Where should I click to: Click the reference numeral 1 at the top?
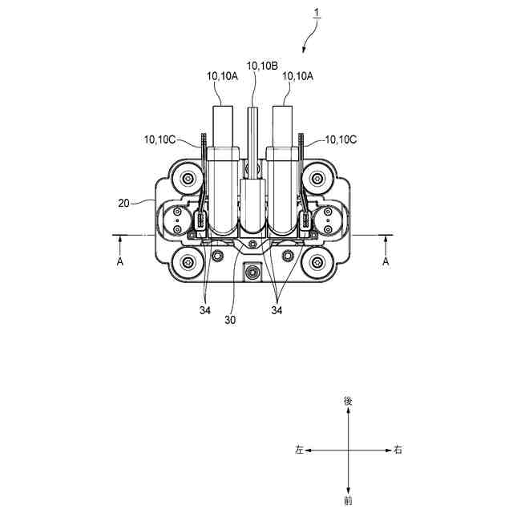tap(317, 13)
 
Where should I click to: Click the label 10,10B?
tap(262, 66)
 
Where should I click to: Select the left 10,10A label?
tap(222, 76)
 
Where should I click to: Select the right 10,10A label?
tap(297, 76)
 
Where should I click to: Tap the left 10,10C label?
tap(160, 139)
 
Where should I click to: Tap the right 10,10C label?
tap(341, 139)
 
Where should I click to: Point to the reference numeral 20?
tap(123, 204)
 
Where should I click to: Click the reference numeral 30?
tap(230, 320)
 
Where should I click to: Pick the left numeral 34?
tap(205, 310)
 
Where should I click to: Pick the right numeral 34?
tap(277, 310)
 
